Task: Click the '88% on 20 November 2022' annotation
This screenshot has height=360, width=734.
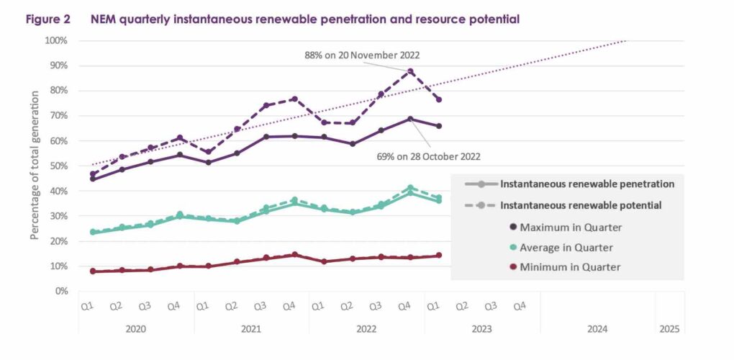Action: point(362,55)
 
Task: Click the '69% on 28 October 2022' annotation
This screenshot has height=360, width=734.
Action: point(430,156)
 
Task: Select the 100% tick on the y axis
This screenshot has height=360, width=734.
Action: point(56,40)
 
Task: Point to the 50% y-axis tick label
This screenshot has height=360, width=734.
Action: point(58,166)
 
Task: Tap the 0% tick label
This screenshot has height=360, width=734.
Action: point(60,292)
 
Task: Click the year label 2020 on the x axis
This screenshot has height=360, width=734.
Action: point(137,329)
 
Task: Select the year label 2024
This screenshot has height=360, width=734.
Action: point(597,329)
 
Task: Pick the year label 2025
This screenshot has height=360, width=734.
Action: point(669,329)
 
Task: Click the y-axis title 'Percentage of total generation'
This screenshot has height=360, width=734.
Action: point(35,166)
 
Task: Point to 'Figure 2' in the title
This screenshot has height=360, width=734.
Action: point(47,19)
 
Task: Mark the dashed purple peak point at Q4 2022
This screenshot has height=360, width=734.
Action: point(410,71)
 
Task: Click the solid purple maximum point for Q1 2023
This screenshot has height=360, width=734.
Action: point(439,126)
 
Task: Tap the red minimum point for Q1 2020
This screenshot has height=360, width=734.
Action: point(94,271)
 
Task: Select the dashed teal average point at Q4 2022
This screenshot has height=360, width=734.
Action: point(410,188)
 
